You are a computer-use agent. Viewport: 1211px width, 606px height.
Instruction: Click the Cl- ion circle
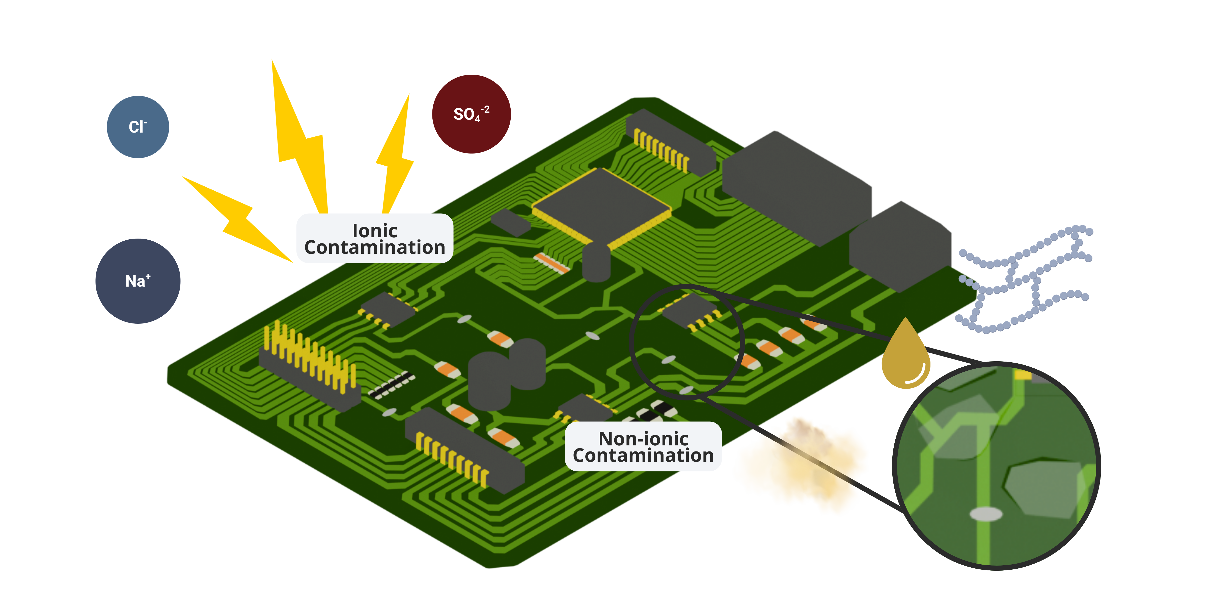click(x=138, y=127)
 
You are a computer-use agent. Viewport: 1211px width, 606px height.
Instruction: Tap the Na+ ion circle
click(x=138, y=281)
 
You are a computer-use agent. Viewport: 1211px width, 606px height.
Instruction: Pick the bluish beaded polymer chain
click(x=1025, y=277)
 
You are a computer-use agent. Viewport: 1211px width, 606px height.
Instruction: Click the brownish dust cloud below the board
click(x=804, y=466)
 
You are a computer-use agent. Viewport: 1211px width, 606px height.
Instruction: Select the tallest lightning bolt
click(x=301, y=141)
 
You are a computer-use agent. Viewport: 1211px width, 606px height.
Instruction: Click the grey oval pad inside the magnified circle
click(x=986, y=514)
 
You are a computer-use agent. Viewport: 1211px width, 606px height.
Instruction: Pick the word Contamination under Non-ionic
click(x=643, y=456)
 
